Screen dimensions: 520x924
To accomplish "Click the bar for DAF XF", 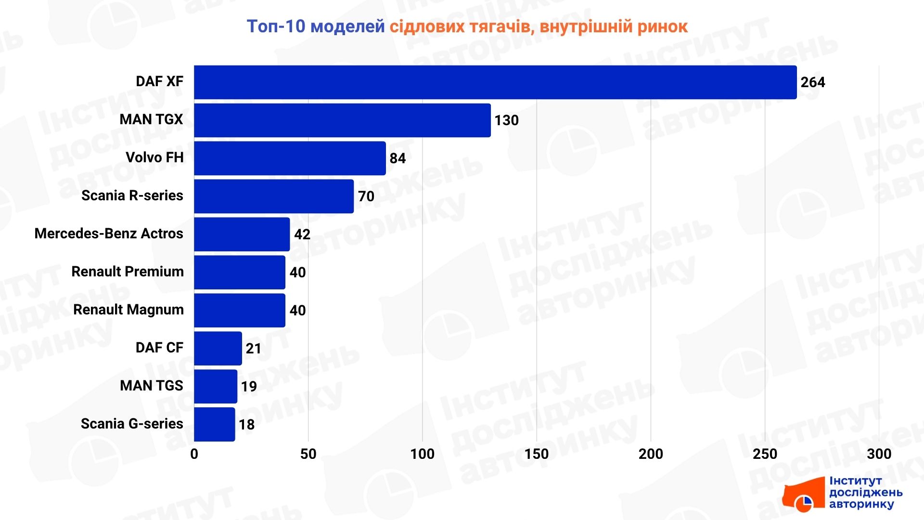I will coord(495,82).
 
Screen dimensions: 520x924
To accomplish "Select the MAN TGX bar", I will coord(342,120).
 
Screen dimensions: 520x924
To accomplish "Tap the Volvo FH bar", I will coord(290,158).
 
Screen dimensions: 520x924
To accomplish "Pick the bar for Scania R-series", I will coord(274,196).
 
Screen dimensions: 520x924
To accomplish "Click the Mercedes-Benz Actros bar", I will coord(242,234).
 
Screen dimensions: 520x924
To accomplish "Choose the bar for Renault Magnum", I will coord(240,311).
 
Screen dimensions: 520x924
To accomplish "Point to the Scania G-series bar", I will coord(215,425).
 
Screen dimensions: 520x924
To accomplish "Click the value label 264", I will coord(812,82).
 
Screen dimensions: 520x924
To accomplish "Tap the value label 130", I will coord(506,120).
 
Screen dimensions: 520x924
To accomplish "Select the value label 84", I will coord(398,158).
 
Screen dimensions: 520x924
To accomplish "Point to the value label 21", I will coord(253,349).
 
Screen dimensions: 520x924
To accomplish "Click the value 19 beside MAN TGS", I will coord(249,387).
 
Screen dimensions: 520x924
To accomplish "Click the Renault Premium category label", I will coord(128,272).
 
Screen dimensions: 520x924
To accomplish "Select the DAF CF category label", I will coord(159,348).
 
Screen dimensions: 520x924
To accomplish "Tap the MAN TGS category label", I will coord(152,386).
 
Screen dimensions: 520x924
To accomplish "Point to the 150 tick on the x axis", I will coord(536,454).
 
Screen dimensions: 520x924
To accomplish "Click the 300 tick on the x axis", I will coord(879,454).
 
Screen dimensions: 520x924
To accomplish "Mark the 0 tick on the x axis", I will coord(194,454).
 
